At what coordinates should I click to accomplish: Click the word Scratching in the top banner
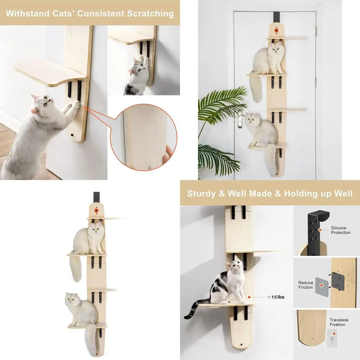click(x=150, y=14)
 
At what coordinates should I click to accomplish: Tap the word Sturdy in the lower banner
click(x=201, y=193)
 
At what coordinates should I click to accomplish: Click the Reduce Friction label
click(x=306, y=285)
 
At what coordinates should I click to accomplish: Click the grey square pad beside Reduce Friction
click(x=321, y=287)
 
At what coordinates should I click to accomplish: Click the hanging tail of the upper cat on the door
click(x=256, y=89)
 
